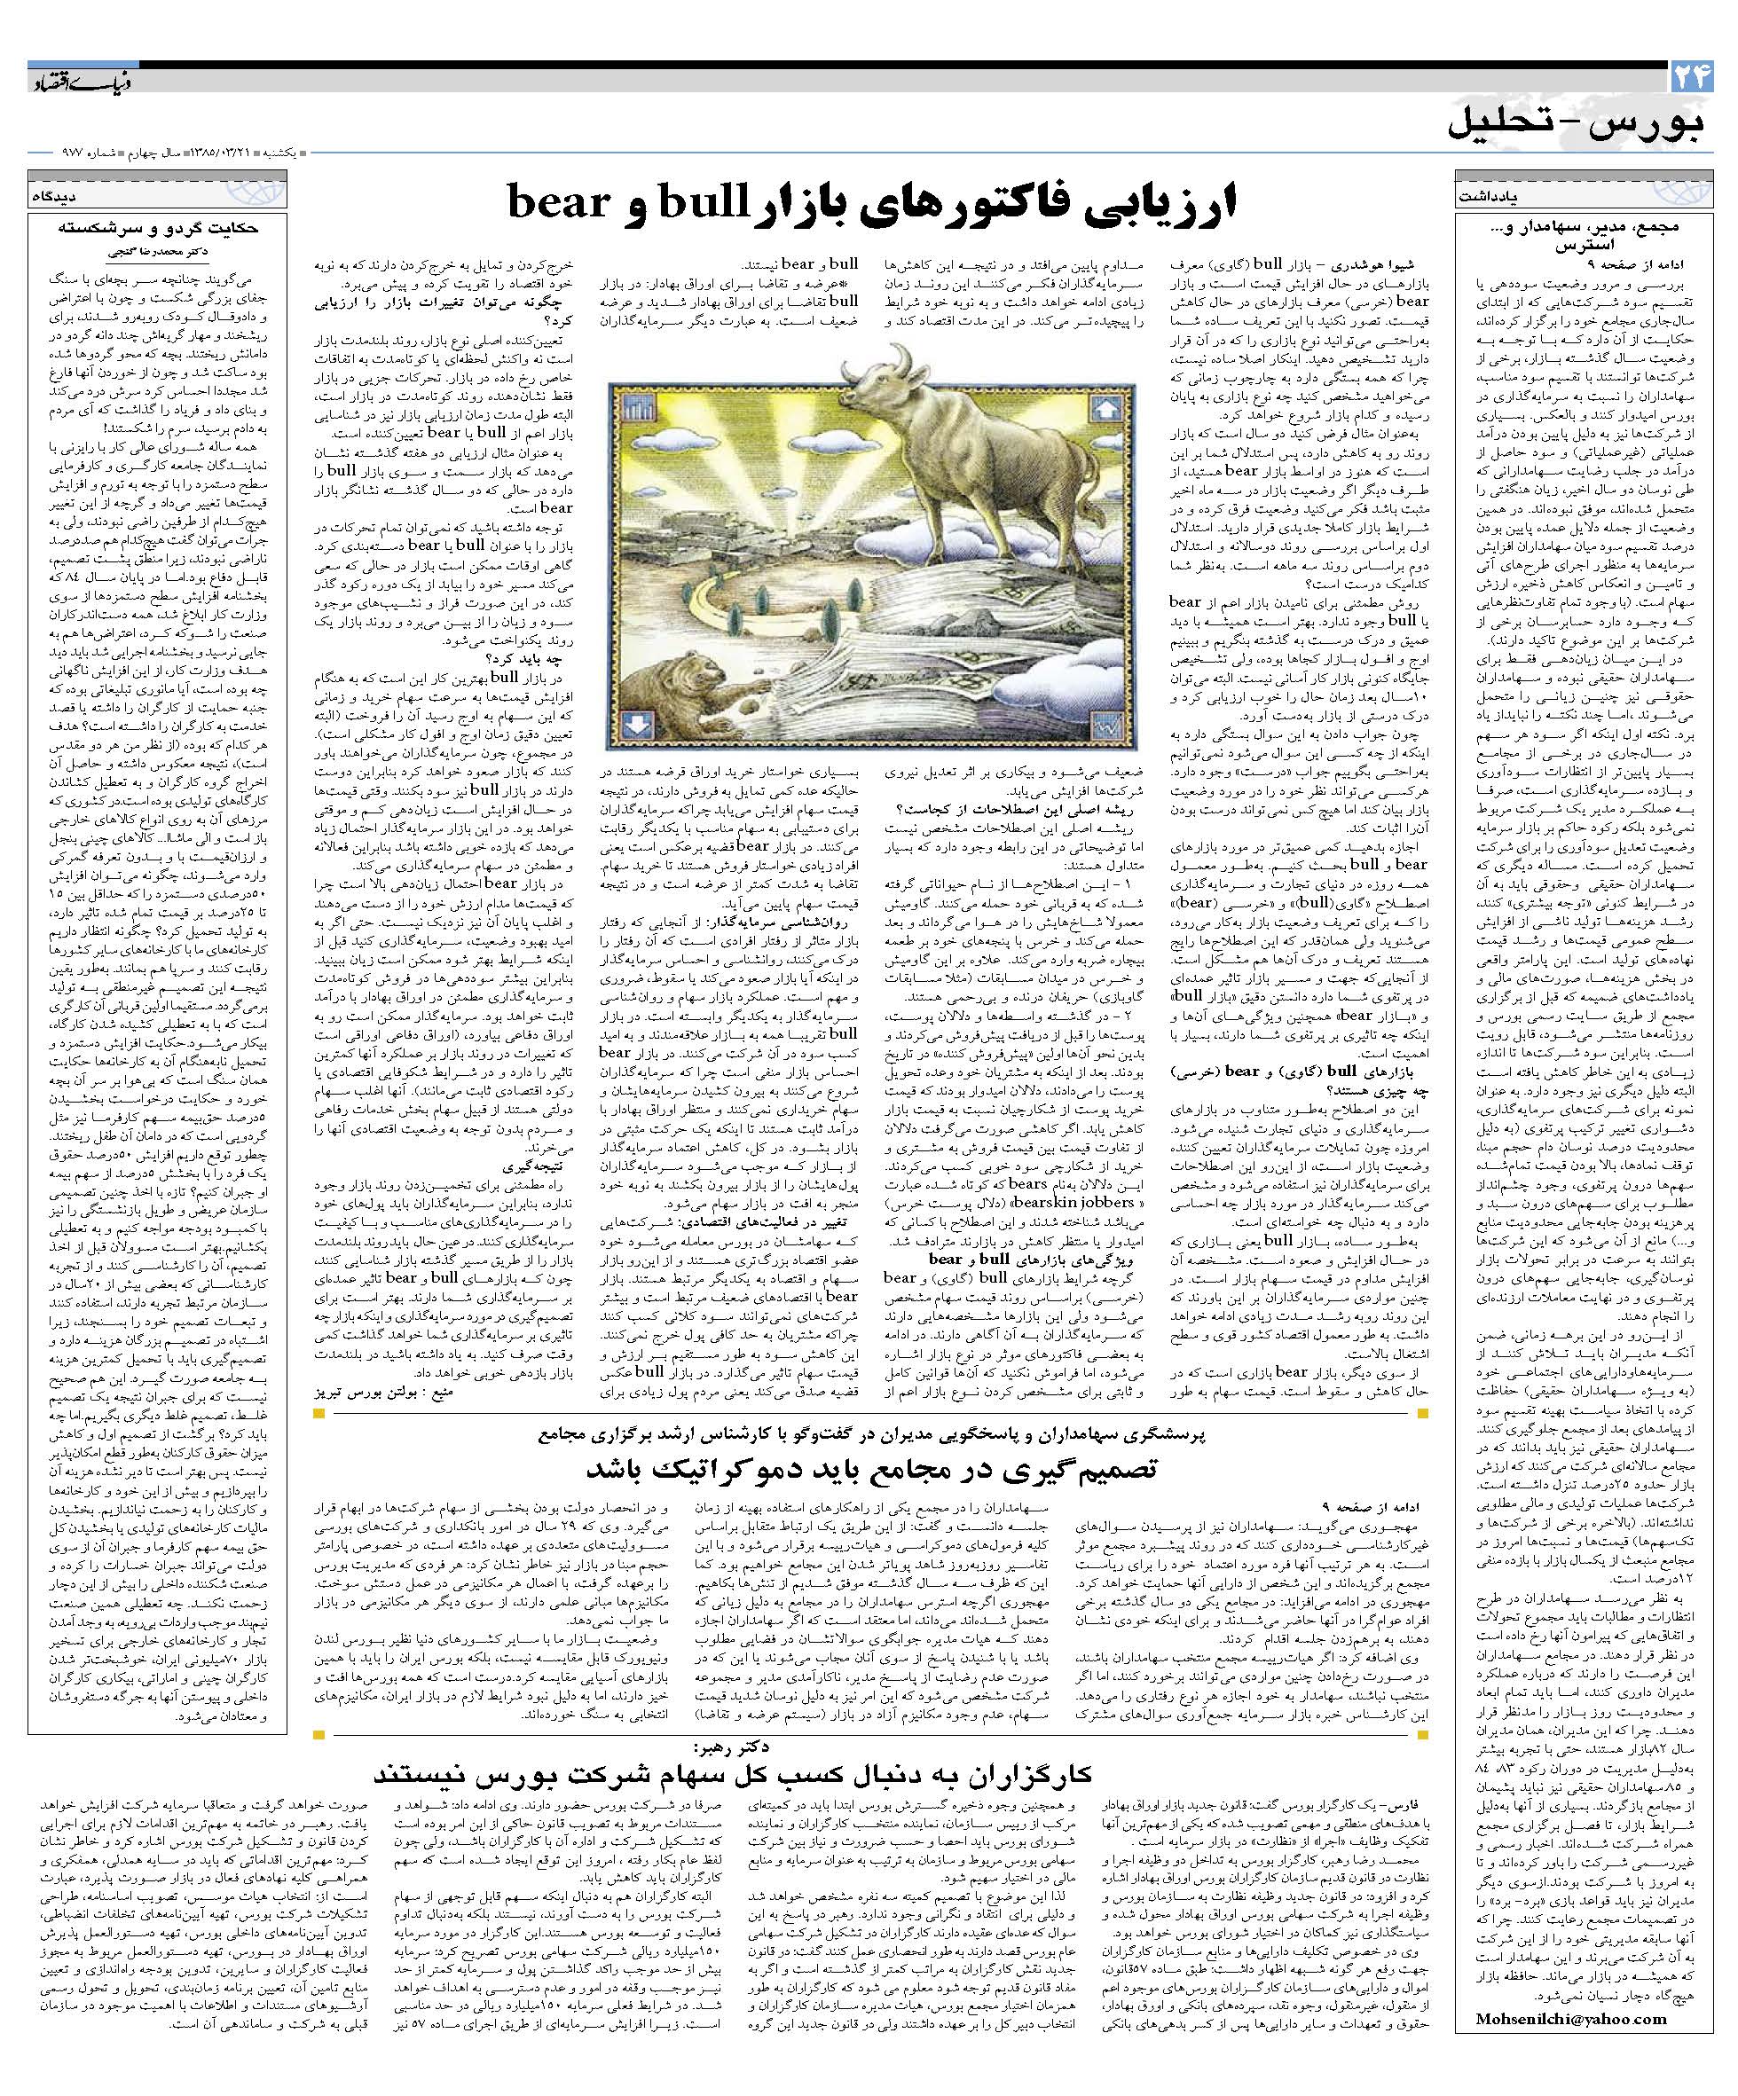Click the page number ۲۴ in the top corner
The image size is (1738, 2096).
click(1690, 77)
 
